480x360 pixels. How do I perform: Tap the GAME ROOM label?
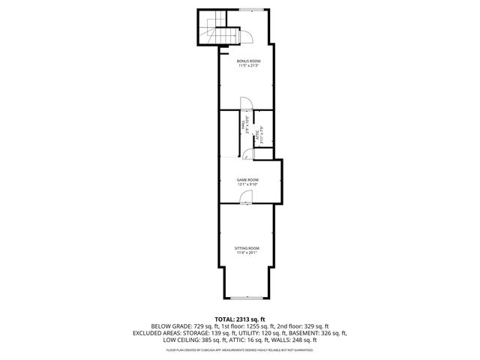pos(247,180)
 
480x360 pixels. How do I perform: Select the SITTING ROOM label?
pos(247,248)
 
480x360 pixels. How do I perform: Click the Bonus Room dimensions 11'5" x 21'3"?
pos(247,66)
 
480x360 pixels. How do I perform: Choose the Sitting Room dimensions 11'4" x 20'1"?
pos(247,253)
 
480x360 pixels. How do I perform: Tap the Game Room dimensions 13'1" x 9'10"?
pos(247,185)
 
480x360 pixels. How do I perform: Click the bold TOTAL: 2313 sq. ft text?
pos(240,319)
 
